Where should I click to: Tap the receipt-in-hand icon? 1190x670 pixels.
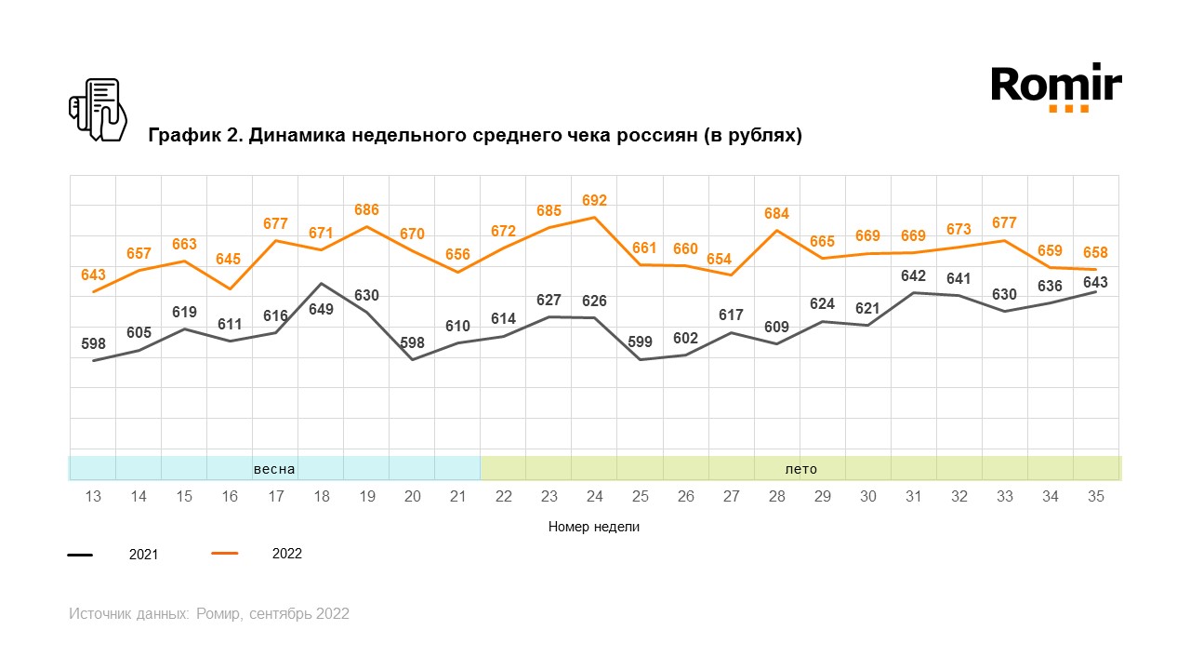[x=98, y=110]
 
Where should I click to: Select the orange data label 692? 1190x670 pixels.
[x=594, y=200]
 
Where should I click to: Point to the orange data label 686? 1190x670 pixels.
[x=366, y=210]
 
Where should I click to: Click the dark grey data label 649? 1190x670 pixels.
[x=321, y=310]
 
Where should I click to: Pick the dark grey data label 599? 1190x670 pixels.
[x=640, y=342]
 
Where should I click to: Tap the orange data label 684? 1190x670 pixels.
[x=776, y=214]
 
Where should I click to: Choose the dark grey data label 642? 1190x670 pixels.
[x=913, y=276]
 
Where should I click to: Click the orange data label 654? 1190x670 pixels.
[x=731, y=260]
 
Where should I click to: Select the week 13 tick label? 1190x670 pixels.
[x=93, y=497]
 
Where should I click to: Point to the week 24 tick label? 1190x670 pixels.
[x=594, y=497]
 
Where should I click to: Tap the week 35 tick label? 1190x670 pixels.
[x=1095, y=497]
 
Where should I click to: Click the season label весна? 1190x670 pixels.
[x=274, y=469]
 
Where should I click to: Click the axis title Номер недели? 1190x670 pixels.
[x=594, y=527]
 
